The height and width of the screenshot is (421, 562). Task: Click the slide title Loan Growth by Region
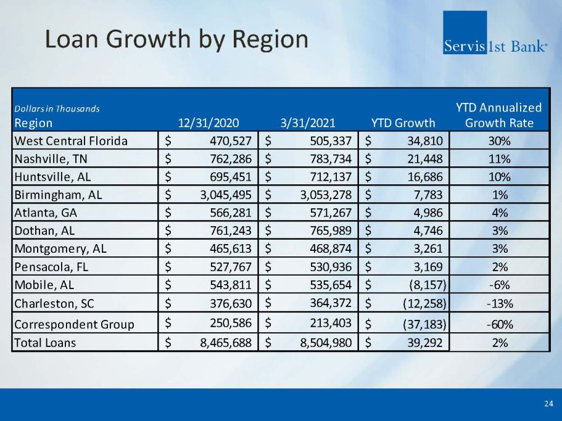(176, 39)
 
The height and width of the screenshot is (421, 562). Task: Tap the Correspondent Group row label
(74, 324)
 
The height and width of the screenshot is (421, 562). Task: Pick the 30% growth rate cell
(499, 141)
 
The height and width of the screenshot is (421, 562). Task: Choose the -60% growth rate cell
(499, 324)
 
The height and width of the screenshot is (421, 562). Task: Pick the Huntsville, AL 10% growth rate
(499, 177)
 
